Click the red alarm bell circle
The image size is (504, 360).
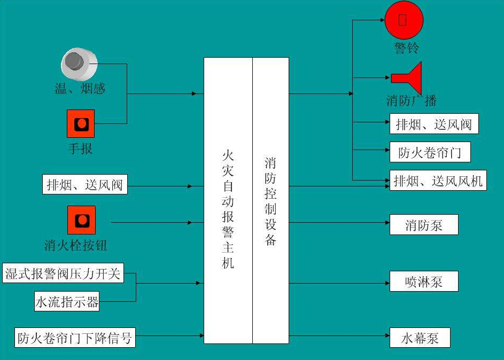pyautogui.click(x=404, y=20)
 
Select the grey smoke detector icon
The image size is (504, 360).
pyautogui.click(x=79, y=64)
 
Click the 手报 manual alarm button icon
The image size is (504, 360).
pyautogui.click(x=81, y=123)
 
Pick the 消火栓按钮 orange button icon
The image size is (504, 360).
pyautogui.click(x=81, y=220)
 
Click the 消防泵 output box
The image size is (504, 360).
pyautogui.click(x=424, y=225)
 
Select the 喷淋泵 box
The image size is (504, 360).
pyautogui.click(x=424, y=281)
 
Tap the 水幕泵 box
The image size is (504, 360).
pyautogui.click(x=420, y=338)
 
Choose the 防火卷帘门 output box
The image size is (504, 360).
pyautogui.click(x=430, y=152)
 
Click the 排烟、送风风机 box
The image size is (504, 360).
pyautogui.click(x=438, y=181)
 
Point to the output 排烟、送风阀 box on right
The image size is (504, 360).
pyautogui.click(x=434, y=123)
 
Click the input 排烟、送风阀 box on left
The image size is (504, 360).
pyautogui.click(x=85, y=184)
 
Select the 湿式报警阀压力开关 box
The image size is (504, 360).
pyautogui.click(x=63, y=273)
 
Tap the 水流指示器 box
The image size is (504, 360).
pyautogui.click(x=67, y=301)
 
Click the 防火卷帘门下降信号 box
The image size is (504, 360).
pyautogui.click(x=75, y=338)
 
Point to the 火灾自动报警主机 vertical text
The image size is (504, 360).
pyautogui.click(x=228, y=209)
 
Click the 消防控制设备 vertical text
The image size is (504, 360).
pyautogui.click(x=270, y=201)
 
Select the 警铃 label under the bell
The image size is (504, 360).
pyautogui.click(x=406, y=48)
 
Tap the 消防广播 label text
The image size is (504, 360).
pyautogui.click(x=411, y=100)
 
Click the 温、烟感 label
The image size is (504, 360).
pyautogui.click(x=80, y=88)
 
